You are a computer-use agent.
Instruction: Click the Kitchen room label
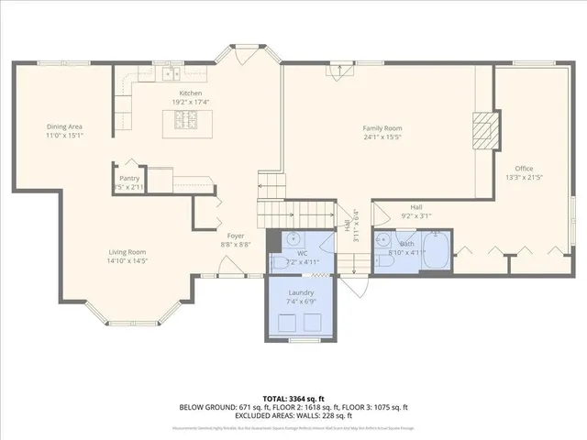pos(191,93)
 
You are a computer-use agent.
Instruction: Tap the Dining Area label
pos(65,127)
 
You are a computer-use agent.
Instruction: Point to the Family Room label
pos(382,129)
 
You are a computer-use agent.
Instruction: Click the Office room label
pos(524,169)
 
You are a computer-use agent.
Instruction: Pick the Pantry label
pos(128,178)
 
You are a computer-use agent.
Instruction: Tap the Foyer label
pos(236,236)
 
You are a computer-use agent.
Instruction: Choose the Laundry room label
pos(301,291)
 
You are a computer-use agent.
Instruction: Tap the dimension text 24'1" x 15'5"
pos(382,138)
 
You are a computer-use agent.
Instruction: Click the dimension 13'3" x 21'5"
pos(524,178)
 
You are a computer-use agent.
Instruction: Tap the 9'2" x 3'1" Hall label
pos(416,216)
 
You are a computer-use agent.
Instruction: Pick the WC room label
pos(302,252)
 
